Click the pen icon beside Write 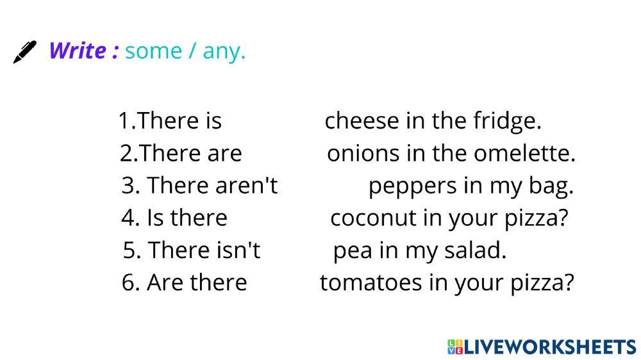[25, 52]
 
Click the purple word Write [78, 51]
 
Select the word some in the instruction [153, 51]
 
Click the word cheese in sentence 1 [362, 121]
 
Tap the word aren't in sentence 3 [247, 186]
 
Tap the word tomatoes [370, 282]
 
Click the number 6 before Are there [128, 282]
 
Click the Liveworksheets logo [542, 347]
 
